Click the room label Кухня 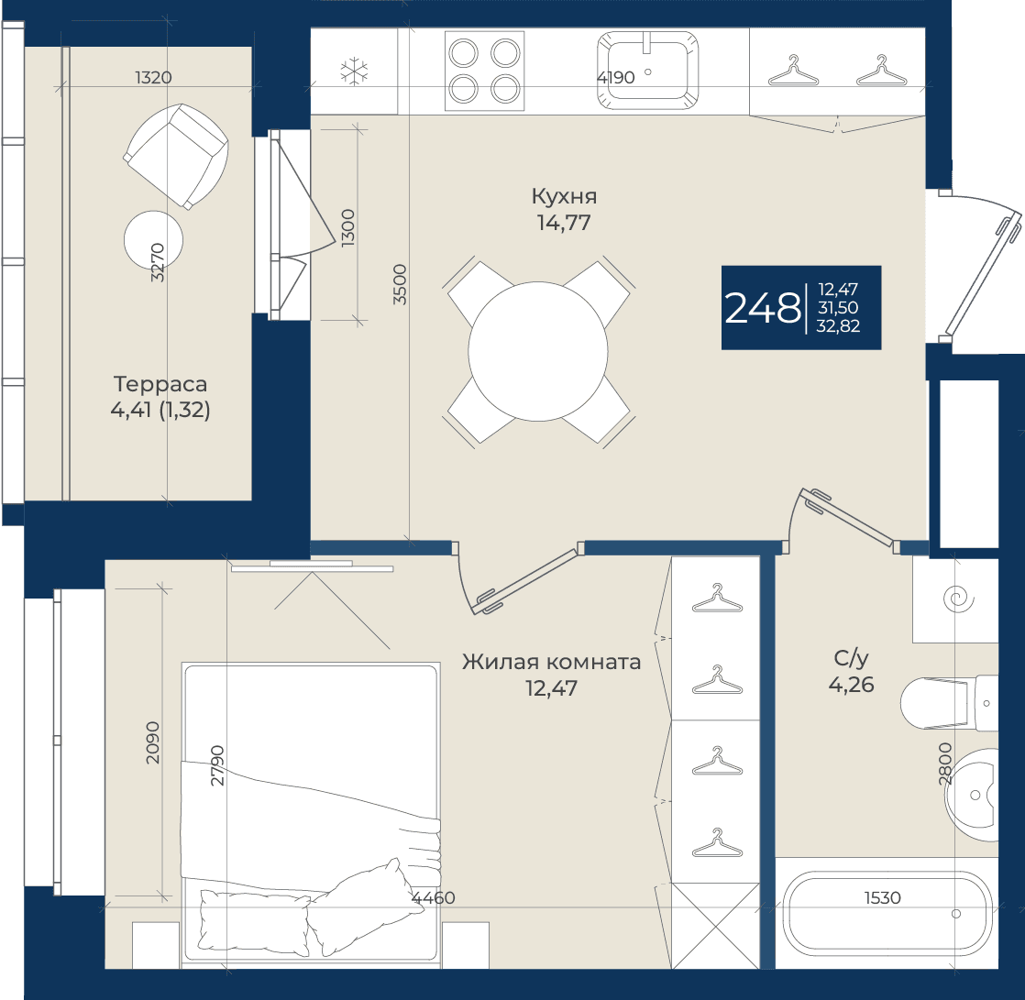(x=564, y=196)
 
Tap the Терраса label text (x=160, y=384)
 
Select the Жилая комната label (x=551, y=662)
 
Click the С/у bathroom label (x=851, y=658)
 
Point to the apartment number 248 (x=762, y=308)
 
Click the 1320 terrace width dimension (x=154, y=77)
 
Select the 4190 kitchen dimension (x=616, y=77)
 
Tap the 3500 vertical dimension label (x=400, y=284)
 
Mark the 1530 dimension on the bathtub (x=883, y=898)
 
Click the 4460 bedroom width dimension (x=434, y=898)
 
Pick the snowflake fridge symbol (x=354, y=71)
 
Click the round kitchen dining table (x=538, y=352)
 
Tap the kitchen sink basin (x=648, y=71)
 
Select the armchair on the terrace (x=177, y=156)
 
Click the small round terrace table (x=154, y=240)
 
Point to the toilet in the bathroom (x=949, y=703)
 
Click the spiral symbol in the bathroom (x=959, y=599)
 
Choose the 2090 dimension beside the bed (x=152, y=742)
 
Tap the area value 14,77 (x=564, y=223)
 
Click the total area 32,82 (x=838, y=326)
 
